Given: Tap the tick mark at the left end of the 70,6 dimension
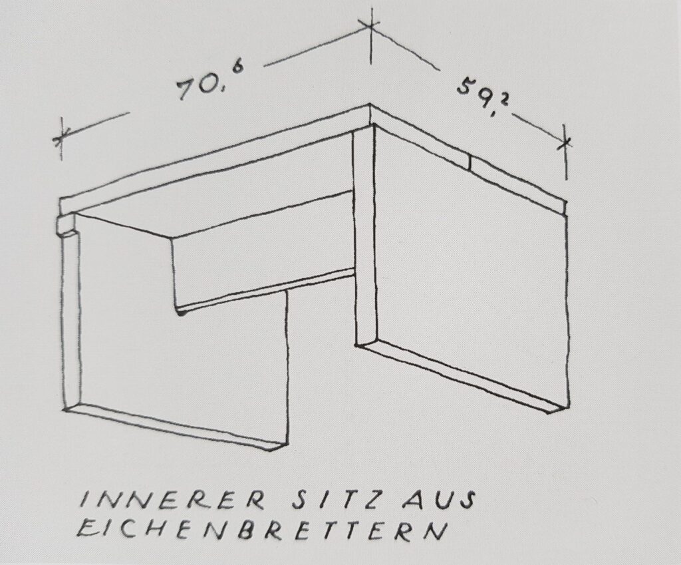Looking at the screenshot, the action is click(x=61, y=138).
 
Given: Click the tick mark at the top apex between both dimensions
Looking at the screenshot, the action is click(x=370, y=25).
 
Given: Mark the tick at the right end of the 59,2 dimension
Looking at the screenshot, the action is click(x=565, y=142).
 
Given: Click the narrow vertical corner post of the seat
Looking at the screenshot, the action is click(x=365, y=235).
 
